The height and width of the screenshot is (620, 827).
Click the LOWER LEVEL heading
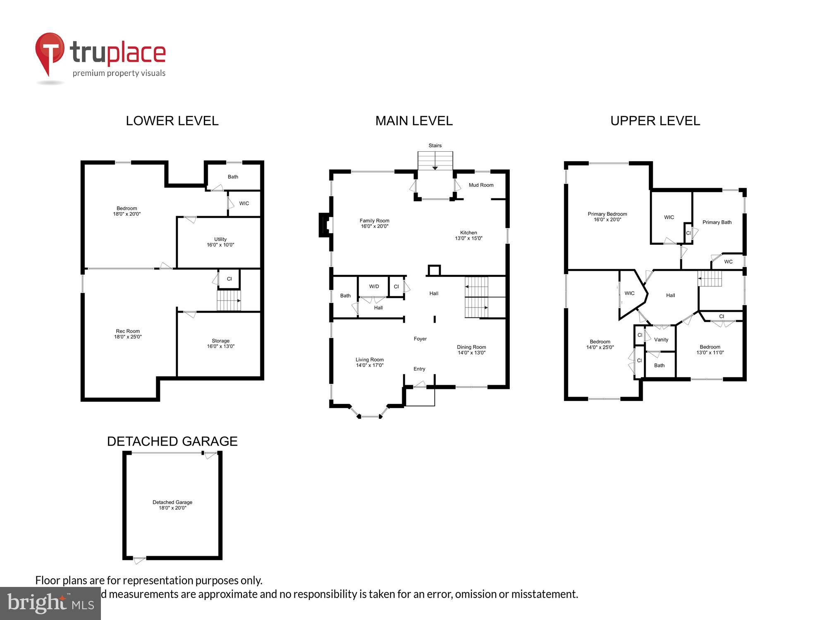(x=172, y=121)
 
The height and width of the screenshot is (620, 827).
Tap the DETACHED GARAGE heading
(x=172, y=441)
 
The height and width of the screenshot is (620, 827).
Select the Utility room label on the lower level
(x=220, y=242)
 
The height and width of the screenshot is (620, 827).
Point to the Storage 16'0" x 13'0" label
(x=220, y=343)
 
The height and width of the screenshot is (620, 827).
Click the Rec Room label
(x=128, y=334)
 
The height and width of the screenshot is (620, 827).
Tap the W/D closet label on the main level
(x=374, y=286)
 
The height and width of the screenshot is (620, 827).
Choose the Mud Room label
(x=481, y=185)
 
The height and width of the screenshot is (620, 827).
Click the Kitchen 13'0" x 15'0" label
(x=468, y=235)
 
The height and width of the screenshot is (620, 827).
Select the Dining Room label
(x=471, y=350)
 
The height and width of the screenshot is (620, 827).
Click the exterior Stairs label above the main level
(x=435, y=145)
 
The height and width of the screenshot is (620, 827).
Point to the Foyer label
(x=420, y=339)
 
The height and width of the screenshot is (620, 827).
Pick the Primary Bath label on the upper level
(x=717, y=222)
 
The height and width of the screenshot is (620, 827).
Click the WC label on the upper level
(x=728, y=262)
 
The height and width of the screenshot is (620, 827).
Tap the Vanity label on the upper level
(x=661, y=339)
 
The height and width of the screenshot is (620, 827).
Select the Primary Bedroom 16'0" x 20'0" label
(x=607, y=217)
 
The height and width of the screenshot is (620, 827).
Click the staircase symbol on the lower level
(x=229, y=300)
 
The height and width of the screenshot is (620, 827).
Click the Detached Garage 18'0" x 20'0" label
(x=172, y=505)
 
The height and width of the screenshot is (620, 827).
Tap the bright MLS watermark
(x=50, y=603)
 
